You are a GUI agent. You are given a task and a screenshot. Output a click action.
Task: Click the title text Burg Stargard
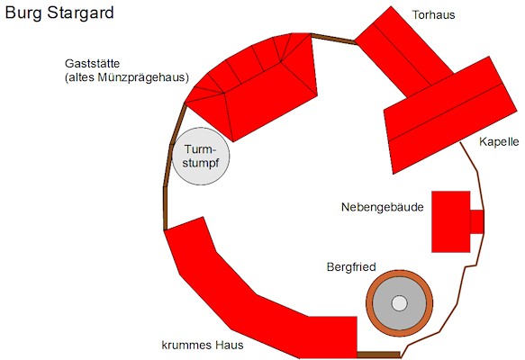pos(59,13)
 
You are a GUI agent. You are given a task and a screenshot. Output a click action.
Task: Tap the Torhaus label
pos(433,14)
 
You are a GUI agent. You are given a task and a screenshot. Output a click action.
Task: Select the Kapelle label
pos(499,141)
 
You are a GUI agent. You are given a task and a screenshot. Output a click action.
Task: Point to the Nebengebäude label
pos(383,207)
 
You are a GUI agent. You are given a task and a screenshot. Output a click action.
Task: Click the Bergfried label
pos(351,267)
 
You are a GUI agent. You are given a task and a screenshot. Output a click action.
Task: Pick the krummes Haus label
pos(203,345)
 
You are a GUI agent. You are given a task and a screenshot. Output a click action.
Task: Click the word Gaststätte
pos(92,63)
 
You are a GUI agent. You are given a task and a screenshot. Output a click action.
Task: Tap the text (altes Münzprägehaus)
pos(127,77)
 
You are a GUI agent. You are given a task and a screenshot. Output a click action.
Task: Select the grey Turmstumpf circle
pos(201,157)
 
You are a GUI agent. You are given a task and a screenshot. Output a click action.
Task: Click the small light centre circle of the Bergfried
pos(399,303)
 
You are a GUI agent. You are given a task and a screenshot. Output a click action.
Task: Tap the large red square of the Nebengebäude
pos(450,221)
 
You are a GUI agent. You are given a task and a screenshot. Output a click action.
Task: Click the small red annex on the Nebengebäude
pos(476,221)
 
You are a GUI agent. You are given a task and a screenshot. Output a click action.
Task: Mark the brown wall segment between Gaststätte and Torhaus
pos(333,38)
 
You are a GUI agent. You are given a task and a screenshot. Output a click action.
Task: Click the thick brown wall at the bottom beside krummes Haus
pos(379,355)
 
